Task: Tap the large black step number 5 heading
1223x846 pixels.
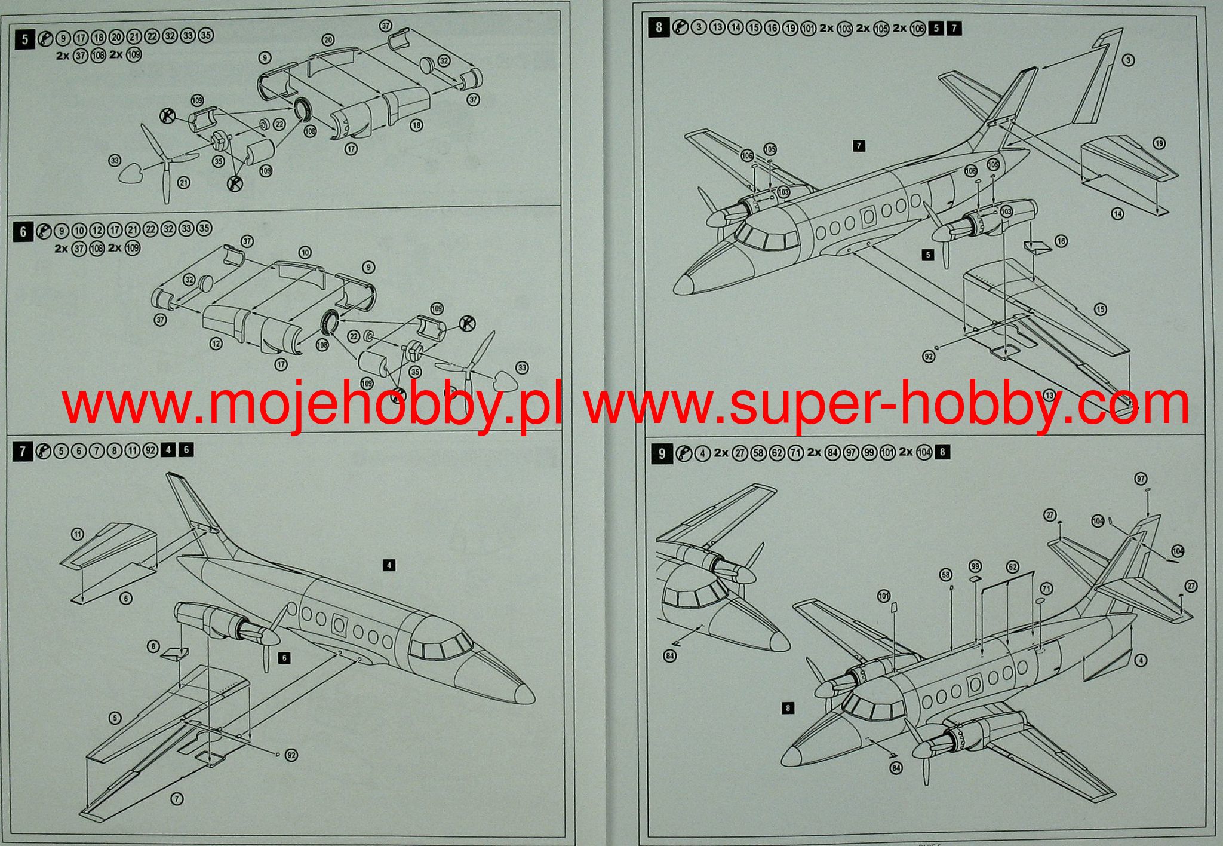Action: pyautogui.click(x=24, y=39)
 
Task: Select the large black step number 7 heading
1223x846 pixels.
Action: pyautogui.click(x=23, y=451)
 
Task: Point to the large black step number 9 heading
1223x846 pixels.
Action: pyautogui.click(x=661, y=453)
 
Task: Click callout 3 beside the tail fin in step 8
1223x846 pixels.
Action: pyautogui.click(x=1127, y=60)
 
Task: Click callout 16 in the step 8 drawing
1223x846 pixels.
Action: pyautogui.click(x=1061, y=241)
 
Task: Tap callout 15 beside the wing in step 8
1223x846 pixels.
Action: pyautogui.click(x=1100, y=309)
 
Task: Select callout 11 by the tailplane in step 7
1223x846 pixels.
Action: pyautogui.click(x=77, y=534)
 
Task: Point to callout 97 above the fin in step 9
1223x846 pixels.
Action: pyautogui.click(x=1141, y=479)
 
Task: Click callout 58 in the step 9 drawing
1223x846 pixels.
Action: pyautogui.click(x=946, y=575)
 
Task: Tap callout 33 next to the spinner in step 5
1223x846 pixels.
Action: pyautogui.click(x=115, y=160)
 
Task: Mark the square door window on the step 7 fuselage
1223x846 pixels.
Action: pyautogui.click(x=339, y=625)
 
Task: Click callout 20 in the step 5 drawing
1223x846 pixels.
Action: pyautogui.click(x=328, y=40)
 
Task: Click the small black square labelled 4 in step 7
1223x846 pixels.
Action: pyautogui.click(x=389, y=565)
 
